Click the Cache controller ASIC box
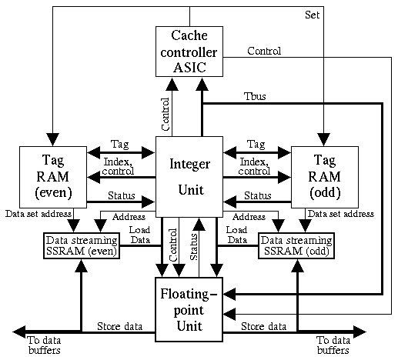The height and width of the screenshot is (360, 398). coord(188,51)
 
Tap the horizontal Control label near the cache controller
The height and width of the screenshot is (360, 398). coord(264,52)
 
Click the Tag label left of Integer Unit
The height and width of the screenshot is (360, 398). coord(119,144)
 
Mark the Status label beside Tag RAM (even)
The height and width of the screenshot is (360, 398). coord(121,196)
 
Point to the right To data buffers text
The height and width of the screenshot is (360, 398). coord(333,344)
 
